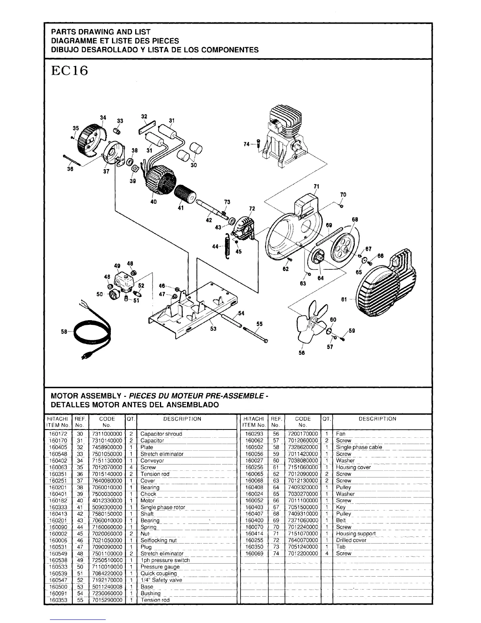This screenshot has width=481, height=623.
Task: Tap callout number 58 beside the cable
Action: [64, 332]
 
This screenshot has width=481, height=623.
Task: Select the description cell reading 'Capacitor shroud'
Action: [161, 434]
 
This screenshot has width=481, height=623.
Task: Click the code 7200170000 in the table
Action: [302, 434]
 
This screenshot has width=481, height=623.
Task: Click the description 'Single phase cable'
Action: [359, 447]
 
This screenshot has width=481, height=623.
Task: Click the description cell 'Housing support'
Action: [356, 534]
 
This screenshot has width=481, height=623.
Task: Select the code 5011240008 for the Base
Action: [107, 586]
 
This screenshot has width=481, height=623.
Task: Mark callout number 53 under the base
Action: [213, 329]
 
